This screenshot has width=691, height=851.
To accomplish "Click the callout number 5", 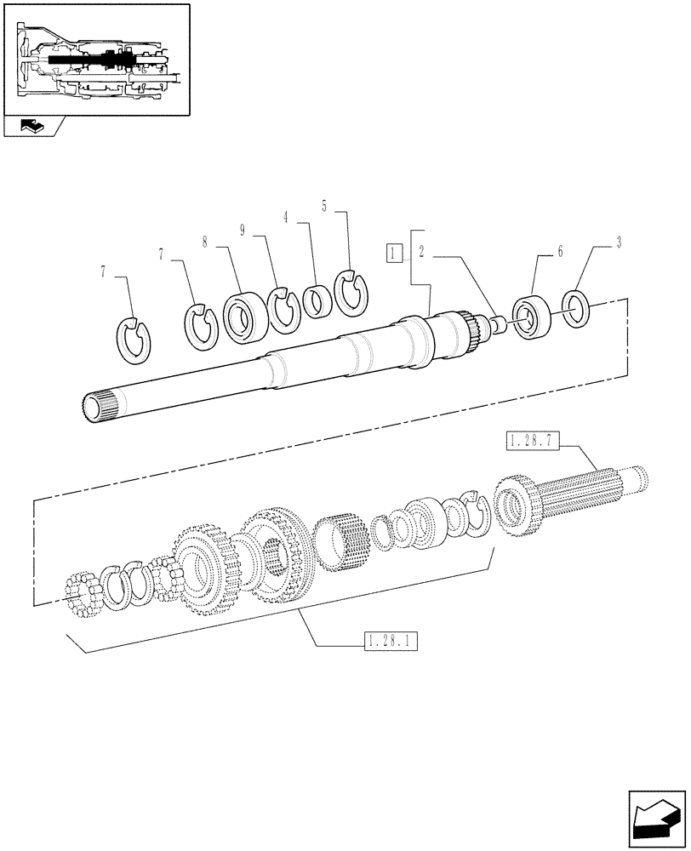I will pyautogui.click(x=324, y=205).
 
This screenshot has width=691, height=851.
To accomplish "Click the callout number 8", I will pyautogui.click(x=205, y=242).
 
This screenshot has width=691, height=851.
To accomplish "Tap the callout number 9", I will pyautogui.click(x=243, y=230).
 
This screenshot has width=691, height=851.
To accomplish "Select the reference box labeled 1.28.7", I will pyautogui.click(x=534, y=441).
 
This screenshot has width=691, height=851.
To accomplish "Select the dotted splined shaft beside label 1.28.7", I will pyautogui.click(x=587, y=494).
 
